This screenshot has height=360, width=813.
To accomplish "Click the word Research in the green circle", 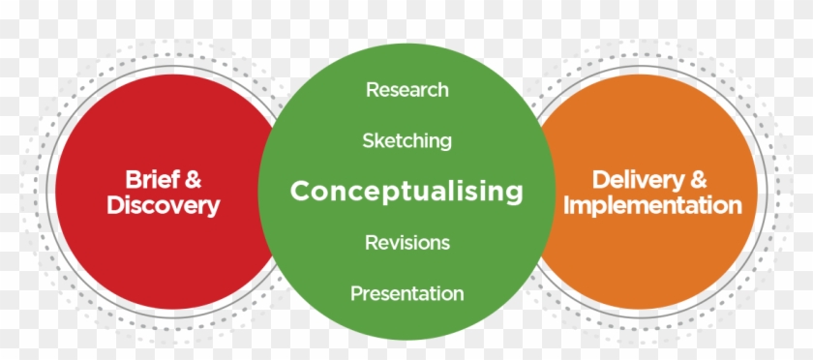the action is point(407,90).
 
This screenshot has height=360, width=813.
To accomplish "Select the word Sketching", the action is point(407,141).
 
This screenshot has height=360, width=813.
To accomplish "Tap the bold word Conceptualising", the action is point(406,192).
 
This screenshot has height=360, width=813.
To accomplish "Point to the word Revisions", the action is point(407,242).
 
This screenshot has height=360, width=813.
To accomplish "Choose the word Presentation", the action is point(407,293).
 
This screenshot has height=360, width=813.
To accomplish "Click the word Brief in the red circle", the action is point(149,179).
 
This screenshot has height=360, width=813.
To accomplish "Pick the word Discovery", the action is point(164,205).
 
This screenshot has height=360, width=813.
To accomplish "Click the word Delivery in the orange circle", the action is point(636,180).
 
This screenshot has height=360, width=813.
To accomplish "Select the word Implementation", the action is point(652,205).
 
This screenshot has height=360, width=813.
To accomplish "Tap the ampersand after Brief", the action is point(192,180).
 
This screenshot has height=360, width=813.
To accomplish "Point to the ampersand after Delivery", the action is point(698,180).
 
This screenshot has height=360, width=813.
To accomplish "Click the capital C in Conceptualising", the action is point(301,191).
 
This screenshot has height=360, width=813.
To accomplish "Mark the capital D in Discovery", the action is point(116,205).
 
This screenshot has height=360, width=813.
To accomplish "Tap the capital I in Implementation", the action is point(567,205).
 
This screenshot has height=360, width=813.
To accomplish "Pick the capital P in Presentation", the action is point(357,293).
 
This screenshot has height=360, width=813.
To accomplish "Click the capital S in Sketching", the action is point(369,140).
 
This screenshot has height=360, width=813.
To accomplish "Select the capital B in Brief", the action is point(134,179).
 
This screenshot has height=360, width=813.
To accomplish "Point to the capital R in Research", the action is point(373,90).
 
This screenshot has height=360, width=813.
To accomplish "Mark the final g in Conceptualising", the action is point(513,194).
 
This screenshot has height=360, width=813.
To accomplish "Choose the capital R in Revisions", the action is point(372,242).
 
